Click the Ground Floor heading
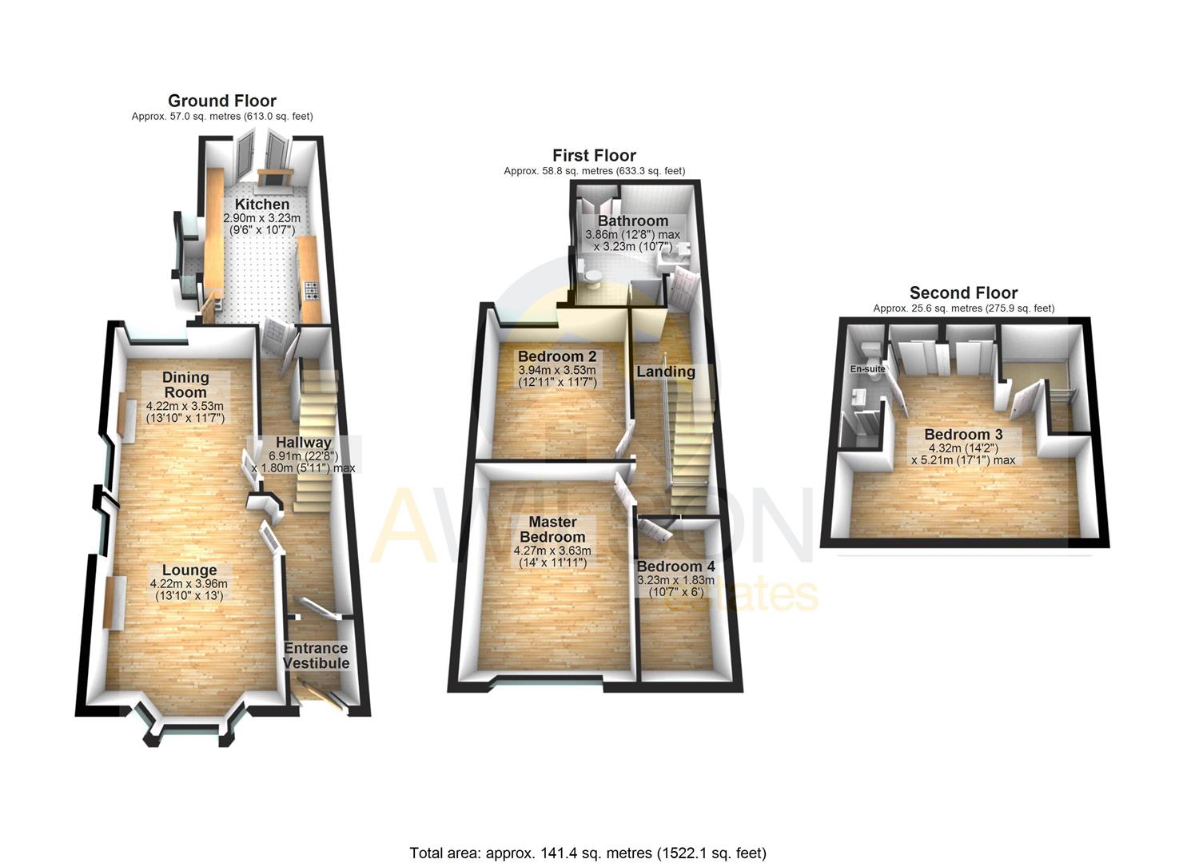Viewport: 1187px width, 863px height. pyautogui.click(x=222, y=101)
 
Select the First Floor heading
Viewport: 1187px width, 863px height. pyautogui.click(x=594, y=155)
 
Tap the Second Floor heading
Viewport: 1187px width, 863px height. pyautogui.click(x=963, y=292)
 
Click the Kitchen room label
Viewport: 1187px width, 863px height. pyautogui.click(x=262, y=205)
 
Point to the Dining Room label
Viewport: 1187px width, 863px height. pyautogui.click(x=185, y=384)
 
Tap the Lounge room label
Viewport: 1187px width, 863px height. pyautogui.click(x=189, y=570)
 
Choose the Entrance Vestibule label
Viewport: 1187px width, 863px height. pyautogui.click(x=316, y=655)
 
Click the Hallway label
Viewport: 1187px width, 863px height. pyautogui.click(x=304, y=443)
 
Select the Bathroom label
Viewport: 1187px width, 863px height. pyautogui.click(x=633, y=221)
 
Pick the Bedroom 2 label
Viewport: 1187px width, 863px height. pyautogui.click(x=557, y=356)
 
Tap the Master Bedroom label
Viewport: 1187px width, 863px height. pyautogui.click(x=552, y=529)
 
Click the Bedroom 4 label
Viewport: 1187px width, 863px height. pyautogui.click(x=675, y=567)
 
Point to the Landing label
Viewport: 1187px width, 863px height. pyautogui.click(x=666, y=372)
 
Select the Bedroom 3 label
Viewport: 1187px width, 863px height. pyautogui.click(x=963, y=435)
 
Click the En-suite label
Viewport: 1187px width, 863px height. pyautogui.click(x=867, y=369)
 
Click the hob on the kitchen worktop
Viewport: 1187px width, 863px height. pyautogui.click(x=309, y=292)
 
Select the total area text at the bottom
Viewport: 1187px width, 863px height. pyautogui.click(x=588, y=853)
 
